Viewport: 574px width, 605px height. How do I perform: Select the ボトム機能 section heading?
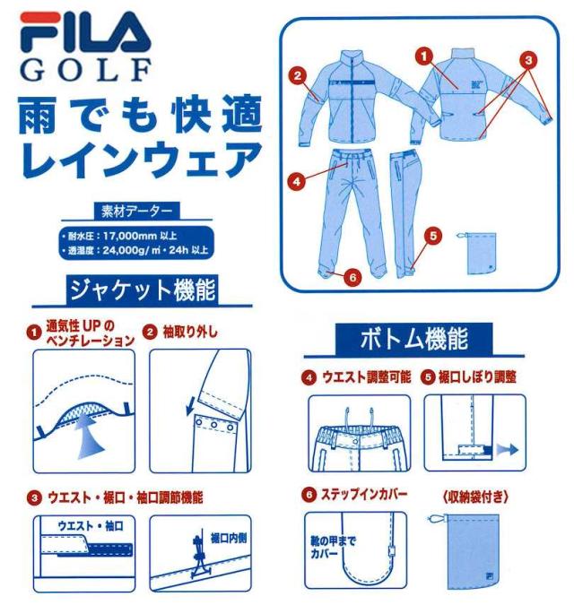[x=413, y=341]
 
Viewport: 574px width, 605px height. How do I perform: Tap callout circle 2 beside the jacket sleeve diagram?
[x=298, y=75]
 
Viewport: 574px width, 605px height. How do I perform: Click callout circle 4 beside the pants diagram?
[x=296, y=179]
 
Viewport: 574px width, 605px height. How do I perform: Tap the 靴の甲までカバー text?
[x=332, y=549]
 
